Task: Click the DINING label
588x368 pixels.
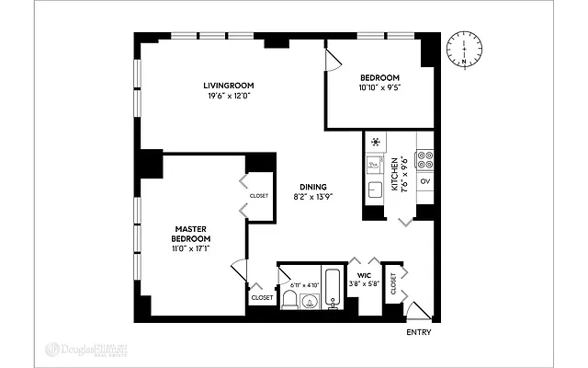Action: click(x=308, y=187)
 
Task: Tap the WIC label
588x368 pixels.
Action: click(x=364, y=274)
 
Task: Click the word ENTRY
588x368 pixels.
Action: click(x=418, y=332)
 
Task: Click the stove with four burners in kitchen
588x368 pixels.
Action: click(x=424, y=155)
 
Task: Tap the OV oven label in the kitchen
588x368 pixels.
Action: click(x=424, y=181)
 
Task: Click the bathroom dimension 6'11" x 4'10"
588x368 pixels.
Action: click(x=301, y=285)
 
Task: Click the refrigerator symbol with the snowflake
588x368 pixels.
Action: click(x=375, y=142)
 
